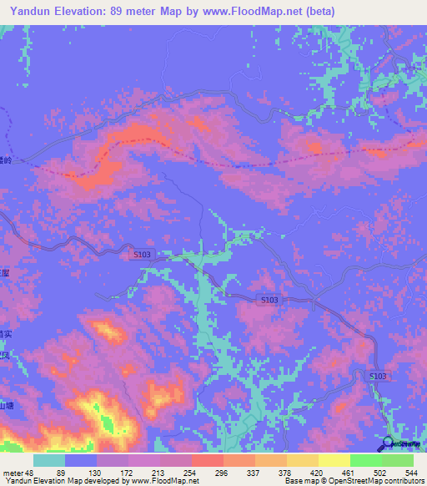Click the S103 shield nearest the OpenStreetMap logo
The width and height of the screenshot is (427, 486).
378,377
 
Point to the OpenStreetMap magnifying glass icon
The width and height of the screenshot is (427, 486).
389,444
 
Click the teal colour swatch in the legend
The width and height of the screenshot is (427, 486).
49,460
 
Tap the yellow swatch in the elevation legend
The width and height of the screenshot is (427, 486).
334,460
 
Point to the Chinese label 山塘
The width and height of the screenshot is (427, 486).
7,406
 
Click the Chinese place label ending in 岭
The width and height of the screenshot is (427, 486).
7,159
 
